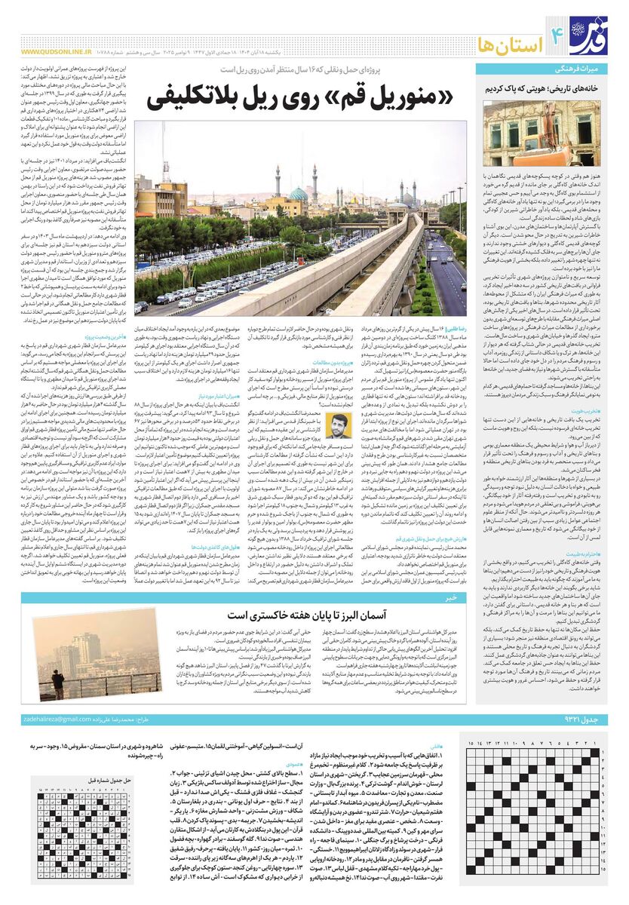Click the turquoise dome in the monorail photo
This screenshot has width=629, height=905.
(x=299, y=194)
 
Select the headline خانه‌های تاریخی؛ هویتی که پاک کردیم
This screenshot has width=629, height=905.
(x=545, y=87)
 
